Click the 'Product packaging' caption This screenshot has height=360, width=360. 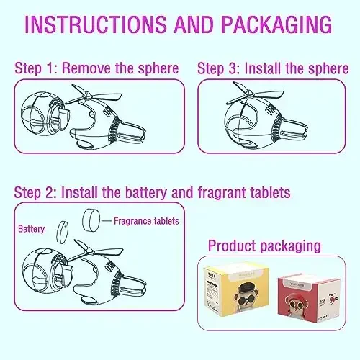(264, 246)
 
